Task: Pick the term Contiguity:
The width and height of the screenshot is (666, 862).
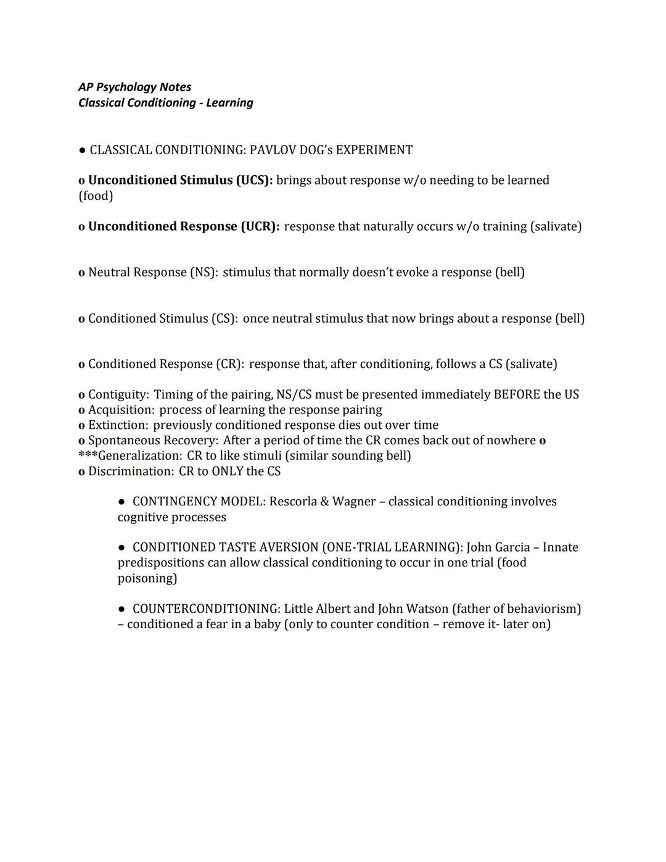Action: (x=118, y=394)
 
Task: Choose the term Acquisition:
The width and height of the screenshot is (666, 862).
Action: (x=121, y=410)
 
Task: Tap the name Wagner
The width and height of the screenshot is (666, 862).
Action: (x=353, y=502)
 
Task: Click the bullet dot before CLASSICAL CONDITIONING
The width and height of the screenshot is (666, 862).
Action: (x=81, y=150)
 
